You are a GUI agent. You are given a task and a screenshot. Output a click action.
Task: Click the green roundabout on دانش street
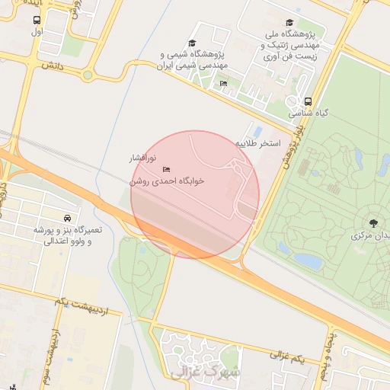point(88,75)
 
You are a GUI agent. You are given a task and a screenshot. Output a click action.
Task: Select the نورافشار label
point(141,158)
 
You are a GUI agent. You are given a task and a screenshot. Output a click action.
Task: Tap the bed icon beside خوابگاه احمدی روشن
point(167,169)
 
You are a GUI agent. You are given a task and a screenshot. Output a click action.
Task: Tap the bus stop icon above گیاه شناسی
point(308,101)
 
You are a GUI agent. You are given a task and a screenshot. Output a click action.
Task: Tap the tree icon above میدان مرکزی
point(373,222)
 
